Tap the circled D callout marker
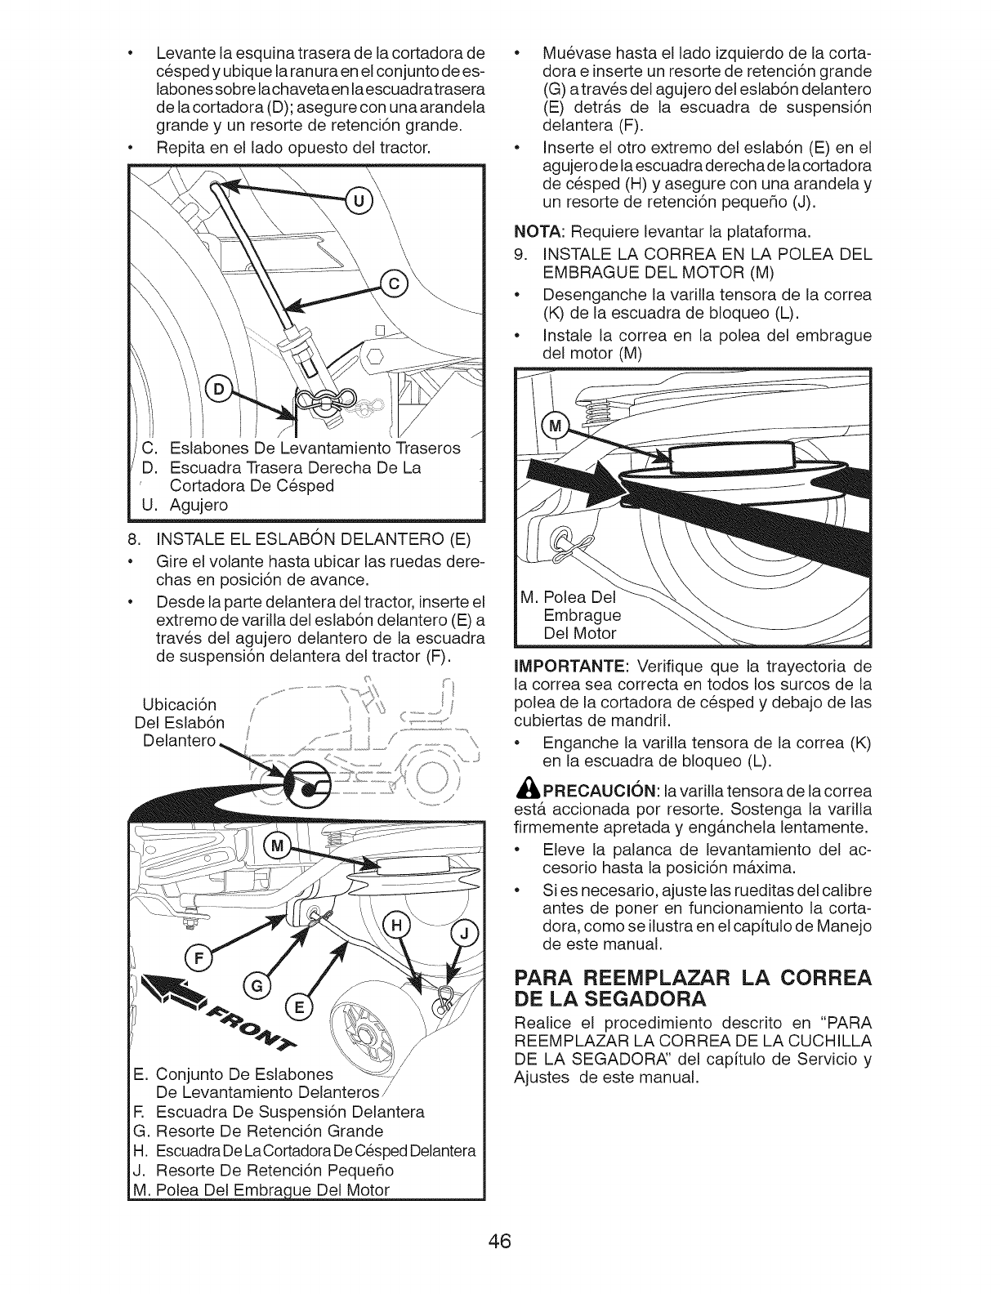pos(218,389)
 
